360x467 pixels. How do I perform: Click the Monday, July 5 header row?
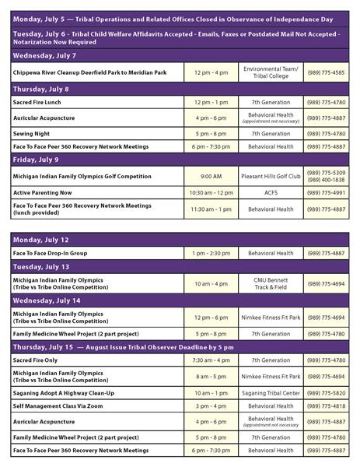coord(180,16)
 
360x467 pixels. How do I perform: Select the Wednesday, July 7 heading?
coord(44,56)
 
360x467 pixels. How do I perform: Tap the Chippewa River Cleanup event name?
coord(90,72)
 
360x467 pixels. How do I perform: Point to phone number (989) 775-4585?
coord(326,72)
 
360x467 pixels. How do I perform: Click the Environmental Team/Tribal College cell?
coord(271,72)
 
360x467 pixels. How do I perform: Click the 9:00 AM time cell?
coord(211,176)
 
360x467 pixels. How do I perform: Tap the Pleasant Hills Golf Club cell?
coord(271,176)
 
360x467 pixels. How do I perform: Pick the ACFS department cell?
coord(271,192)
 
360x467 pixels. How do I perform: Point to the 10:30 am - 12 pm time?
coord(211,192)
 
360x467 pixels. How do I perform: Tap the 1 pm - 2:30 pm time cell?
coord(211,253)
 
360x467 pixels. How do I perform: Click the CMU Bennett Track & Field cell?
coord(271,283)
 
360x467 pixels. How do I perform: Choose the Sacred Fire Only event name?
coord(38,360)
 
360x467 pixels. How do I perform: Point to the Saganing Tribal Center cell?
coord(271,393)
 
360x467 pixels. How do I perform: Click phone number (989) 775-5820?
coord(326,393)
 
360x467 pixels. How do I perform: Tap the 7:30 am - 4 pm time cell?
coord(211,360)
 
